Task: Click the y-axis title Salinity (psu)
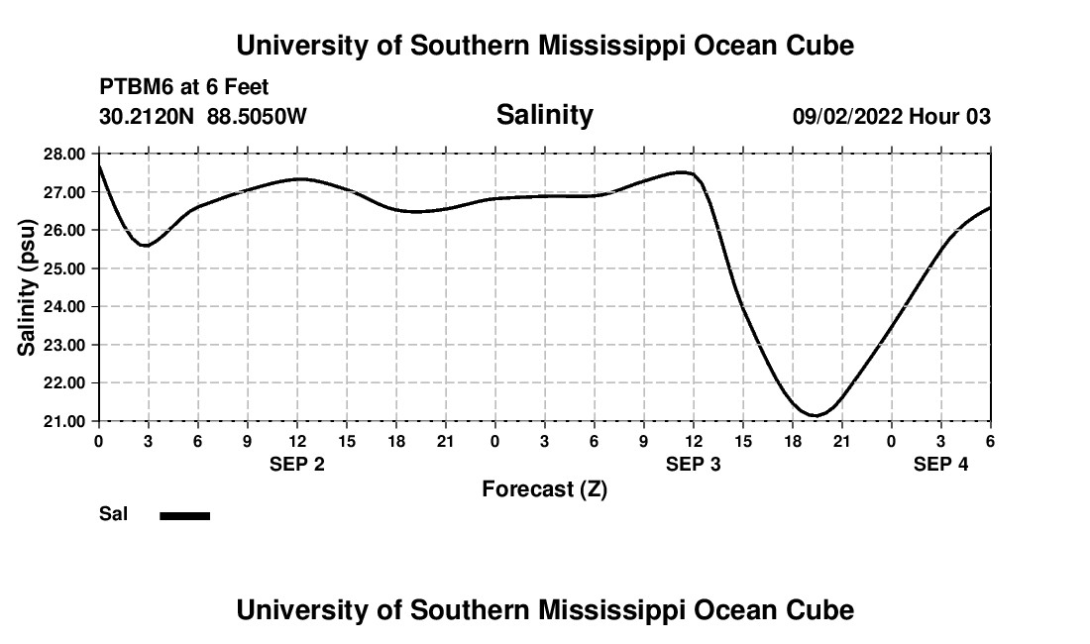click(x=27, y=287)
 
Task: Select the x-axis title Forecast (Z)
click(x=544, y=488)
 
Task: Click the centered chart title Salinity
click(x=544, y=115)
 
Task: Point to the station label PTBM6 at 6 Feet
click(x=184, y=88)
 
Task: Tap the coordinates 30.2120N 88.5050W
click(x=203, y=117)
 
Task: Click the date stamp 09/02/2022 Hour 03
click(x=891, y=117)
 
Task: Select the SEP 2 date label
click(x=297, y=464)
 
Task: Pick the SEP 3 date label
click(x=694, y=464)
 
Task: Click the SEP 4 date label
click(x=940, y=464)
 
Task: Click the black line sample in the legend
click(x=185, y=515)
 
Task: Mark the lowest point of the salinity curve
click(x=815, y=415)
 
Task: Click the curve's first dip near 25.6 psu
click(x=147, y=245)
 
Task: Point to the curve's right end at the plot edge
click(x=989, y=208)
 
